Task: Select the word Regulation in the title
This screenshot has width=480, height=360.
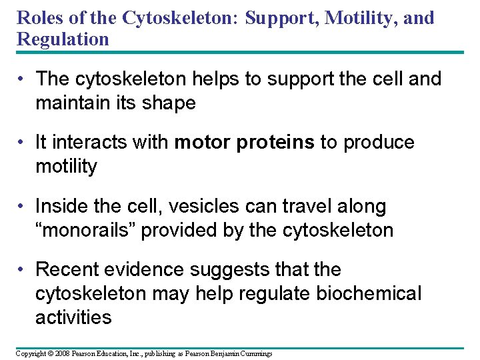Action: click(x=63, y=39)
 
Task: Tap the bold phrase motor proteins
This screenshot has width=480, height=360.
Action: click(x=245, y=143)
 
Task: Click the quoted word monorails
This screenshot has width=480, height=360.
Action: click(x=93, y=231)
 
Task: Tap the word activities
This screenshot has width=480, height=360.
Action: click(x=73, y=317)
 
